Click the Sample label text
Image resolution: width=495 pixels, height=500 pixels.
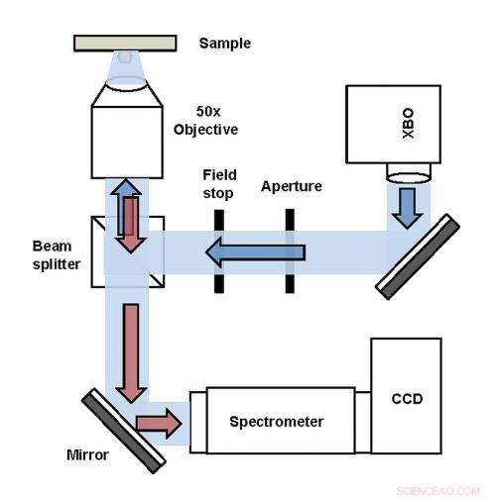(225, 44)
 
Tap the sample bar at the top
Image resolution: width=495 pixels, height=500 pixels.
(125, 43)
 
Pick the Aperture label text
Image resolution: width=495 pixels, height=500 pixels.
(292, 186)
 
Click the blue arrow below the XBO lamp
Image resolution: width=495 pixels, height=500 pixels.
(407, 204)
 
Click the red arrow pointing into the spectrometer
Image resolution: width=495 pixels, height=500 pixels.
(158, 423)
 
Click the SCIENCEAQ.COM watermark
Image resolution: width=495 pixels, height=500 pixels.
(437, 490)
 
